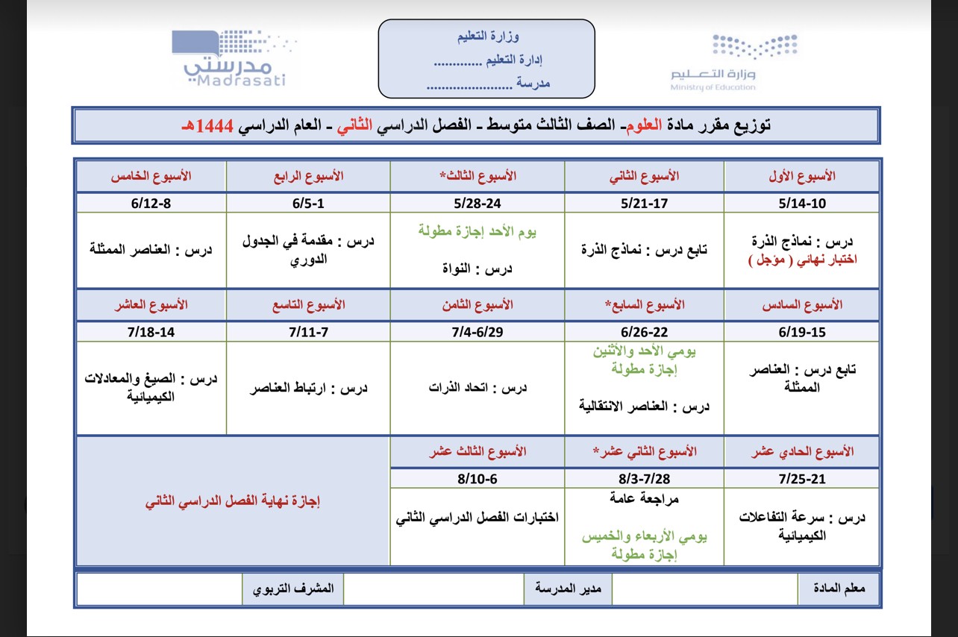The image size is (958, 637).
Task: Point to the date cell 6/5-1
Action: pyautogui.click(x=308, y=203)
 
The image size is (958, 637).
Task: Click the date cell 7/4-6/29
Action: pyautogui.click(x=478, y=332)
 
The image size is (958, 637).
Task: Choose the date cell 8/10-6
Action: pyautogui.click(x=478, y=477)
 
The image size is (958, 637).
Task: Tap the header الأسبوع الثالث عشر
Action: pyautogui.click(x=478, y=452)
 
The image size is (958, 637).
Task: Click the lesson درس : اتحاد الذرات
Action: pyautogui.click(x=478, y=387)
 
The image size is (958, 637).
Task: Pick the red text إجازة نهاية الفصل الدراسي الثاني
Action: pyautogui.click(x=233, y=501)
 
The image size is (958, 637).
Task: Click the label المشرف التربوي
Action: pyautogui.click(x=292, y=589)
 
